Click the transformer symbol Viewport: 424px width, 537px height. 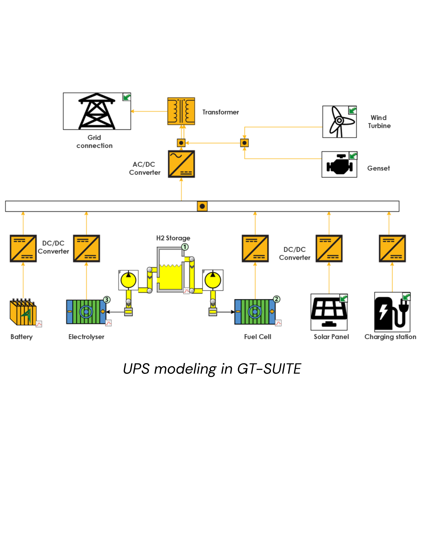(x=181, y=111)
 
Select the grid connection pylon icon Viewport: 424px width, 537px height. (x=97, y=111)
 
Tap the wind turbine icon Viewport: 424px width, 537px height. (x=339, y=122)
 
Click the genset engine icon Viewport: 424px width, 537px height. (x=339, y=164)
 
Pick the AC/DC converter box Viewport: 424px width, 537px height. (x=181, y=164)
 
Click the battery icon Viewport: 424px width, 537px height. (x=23, y=312)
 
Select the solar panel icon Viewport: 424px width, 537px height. (x=329, y=312)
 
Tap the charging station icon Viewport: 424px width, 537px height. (x=392, y=312)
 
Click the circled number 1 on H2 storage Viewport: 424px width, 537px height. (x=185, y=247)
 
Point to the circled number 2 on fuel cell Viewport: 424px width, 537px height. (x=276, y=299)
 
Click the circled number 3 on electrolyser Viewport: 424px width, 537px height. (x=107, y=300)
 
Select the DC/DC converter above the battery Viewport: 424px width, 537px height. (x=23, y=248)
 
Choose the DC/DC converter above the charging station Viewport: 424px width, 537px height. (x=392, y=248)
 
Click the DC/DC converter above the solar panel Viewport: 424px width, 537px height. (x=329, y=248)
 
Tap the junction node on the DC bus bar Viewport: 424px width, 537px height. (x=202, y=206)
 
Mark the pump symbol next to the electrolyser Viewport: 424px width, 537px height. (x=128, y=280)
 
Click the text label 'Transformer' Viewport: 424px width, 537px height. (x=220, y=112)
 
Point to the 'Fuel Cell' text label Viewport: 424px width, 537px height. (x=258, y=337)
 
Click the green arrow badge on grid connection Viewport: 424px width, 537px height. (x=127, y=97)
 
